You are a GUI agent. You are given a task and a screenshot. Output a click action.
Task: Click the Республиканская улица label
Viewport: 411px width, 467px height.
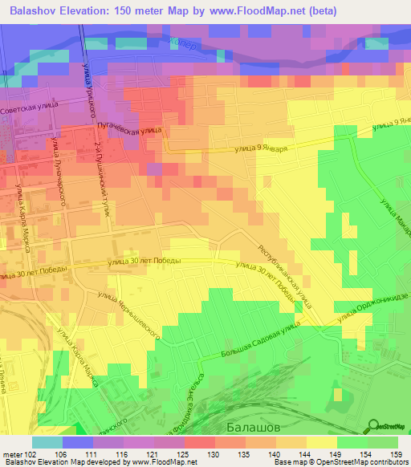[x=285, y=281]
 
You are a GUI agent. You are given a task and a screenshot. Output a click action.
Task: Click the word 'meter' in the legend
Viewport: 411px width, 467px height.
[x=13, y=454]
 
